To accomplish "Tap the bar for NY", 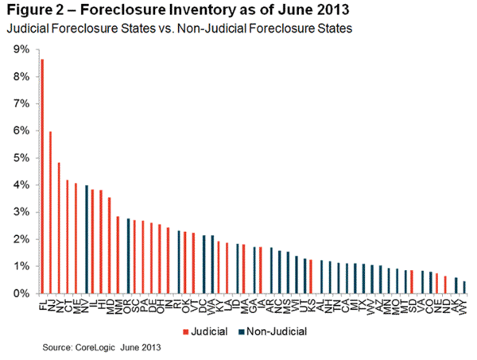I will click(x=59, y=228).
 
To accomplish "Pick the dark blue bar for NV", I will click(x=86, y=239).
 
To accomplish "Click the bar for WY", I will click(x=464, y=288).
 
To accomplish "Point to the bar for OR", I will click(x=128, y=256).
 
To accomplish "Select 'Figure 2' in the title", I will click(x=36, y=12).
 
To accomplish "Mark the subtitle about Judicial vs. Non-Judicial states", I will click(x=159, y=29).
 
